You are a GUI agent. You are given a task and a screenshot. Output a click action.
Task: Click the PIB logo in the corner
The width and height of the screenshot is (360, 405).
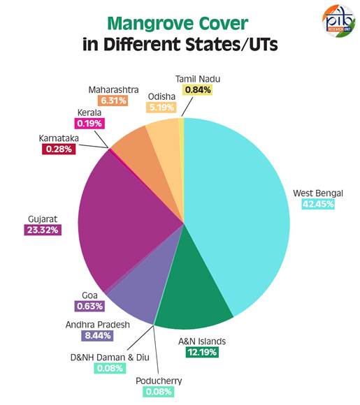click(x=338, y=21)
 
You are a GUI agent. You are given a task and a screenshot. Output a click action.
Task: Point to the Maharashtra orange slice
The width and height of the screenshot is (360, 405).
click(x=145, y=160)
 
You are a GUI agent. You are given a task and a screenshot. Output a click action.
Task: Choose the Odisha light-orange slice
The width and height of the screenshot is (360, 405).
click(x=168, y=150)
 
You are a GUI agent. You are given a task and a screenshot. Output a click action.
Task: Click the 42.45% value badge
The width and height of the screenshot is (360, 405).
click(x=318, y=204)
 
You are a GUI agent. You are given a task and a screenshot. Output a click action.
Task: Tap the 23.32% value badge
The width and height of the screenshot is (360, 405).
click(x=43, y=230)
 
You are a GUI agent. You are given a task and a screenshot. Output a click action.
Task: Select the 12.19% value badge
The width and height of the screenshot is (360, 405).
click(x=202, y=352)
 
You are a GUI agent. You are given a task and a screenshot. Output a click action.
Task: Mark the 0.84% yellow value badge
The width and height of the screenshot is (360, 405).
click(x=198, y=90)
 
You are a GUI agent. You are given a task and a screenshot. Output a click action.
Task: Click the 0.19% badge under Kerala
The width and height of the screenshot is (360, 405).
click(x=89, y=124)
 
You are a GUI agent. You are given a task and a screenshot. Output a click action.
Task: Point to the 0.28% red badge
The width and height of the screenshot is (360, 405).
click(x=59, y=149)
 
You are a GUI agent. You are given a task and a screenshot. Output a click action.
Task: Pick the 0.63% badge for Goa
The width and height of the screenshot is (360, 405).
click(x=89, y=307)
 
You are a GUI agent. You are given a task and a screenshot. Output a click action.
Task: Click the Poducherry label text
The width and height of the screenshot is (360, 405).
click(x=159, y=381)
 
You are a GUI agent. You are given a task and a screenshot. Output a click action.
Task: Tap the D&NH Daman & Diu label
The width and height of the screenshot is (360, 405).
click(x=110, y=358)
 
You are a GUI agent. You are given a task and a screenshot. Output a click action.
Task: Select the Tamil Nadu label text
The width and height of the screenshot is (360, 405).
click(x=198, y=79)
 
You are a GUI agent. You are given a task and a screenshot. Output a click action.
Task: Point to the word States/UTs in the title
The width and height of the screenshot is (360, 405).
click(x=231, y=45)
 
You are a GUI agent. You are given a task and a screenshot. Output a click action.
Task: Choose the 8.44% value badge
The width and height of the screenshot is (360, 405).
click(x=97, y=335)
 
